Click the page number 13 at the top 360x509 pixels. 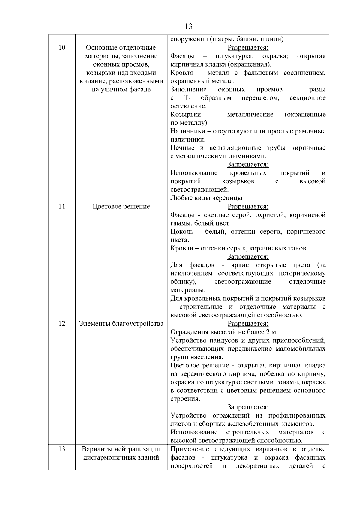tap(189, 27)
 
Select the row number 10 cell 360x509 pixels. tap(61, 48)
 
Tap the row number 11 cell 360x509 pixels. tap(61, 206)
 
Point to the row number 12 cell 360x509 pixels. tap(61, 323)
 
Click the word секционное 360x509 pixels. tap(308, 98)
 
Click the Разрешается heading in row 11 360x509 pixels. tap(248, 206)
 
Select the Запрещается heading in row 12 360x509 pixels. tap(248, 407)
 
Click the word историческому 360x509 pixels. tap(302, 274)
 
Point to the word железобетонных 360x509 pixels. tap(252, 424)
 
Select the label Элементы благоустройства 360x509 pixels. tap(121, 324)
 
